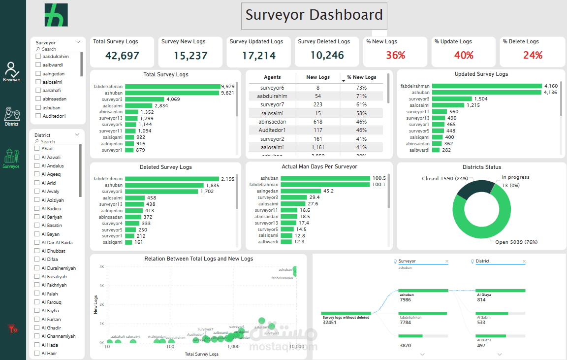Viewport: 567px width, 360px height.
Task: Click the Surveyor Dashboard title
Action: (314, 15)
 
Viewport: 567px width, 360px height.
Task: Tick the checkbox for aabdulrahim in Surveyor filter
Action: (38, 57)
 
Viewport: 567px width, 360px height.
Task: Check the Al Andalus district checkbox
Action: (37, 166)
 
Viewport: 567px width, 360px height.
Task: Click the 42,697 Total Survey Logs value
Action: (122, 56)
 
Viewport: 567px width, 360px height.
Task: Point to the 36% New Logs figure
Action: (395, 55)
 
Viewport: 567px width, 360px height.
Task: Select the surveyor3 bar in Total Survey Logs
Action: (145, 99)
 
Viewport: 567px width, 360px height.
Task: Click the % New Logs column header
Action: (361, 77)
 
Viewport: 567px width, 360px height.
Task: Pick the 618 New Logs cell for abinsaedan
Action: (317, 122)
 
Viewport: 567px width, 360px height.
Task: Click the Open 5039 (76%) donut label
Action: (516, 242)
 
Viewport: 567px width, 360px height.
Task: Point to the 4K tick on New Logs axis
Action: (101, 267)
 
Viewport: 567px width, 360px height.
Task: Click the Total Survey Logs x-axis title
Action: (201, 354)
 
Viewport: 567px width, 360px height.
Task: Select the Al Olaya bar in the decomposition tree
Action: (500, 291)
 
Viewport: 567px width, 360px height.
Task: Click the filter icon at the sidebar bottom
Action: (12, 328)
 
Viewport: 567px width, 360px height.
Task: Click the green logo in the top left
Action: (56, 15)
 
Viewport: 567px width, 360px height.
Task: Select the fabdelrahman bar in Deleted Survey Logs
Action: (172, 179)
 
